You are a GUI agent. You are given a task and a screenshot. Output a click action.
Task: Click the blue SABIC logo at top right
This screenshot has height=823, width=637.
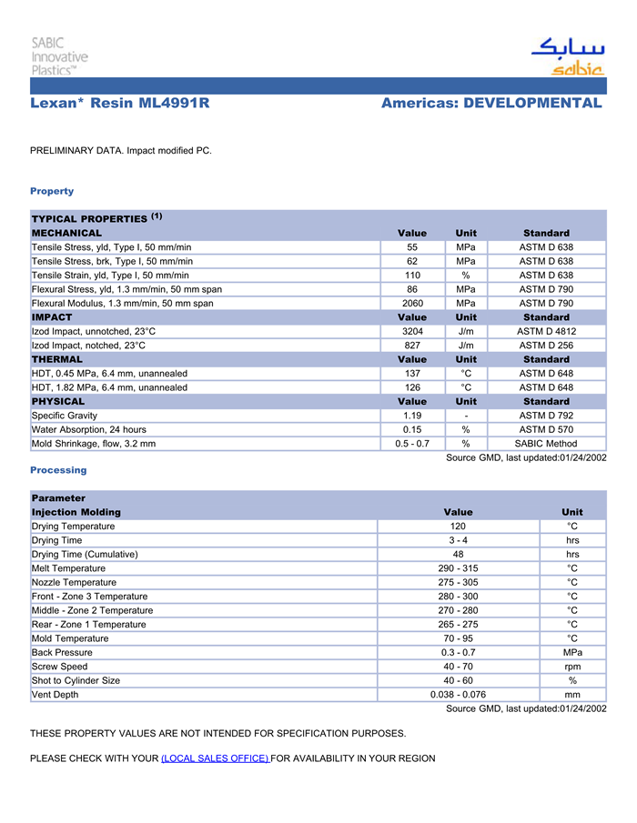pyautogui.click(x=568, y=56)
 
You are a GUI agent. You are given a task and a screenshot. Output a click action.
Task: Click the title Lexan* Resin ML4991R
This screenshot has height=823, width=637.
pyautogui.click(x=120, y=104)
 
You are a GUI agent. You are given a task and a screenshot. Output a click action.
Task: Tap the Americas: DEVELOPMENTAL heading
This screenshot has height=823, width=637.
pyautogui.click(x=491, y=104)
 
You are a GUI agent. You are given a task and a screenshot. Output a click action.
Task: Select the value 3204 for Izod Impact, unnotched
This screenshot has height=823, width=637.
pyautogui.click(x=411, y=332)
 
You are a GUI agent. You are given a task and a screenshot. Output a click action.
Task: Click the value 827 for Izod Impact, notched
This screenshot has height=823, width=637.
pyautogui.click(x=411, y=346)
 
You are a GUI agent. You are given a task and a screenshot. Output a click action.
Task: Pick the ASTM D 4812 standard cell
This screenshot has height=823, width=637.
pyautogui.click(x=546, y=332)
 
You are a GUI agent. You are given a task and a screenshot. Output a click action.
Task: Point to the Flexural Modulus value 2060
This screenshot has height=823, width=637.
pyautogui.click(x=411, y=303)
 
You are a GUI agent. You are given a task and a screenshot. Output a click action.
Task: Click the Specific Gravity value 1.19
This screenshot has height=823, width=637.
pyautogui.click(x=411, y=416)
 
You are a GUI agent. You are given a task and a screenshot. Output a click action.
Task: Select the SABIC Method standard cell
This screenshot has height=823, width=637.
pyautogui.click(x=546, y=444)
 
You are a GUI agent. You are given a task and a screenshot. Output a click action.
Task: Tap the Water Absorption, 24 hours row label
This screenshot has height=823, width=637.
pyautogui.click(x=89, y=429)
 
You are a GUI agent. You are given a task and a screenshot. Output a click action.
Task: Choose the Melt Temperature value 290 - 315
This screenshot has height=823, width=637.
pyautogui.click(x=458, y=568)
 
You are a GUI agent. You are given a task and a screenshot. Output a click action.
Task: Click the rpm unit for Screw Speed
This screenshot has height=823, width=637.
pyautogui.click(x=571, y=667)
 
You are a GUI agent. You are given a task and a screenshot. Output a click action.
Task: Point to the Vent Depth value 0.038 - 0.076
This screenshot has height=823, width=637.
pyautogui.click(x=458, y=695)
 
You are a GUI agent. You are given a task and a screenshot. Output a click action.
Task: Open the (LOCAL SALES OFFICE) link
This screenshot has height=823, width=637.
pyautogui.click(x=215, y=758)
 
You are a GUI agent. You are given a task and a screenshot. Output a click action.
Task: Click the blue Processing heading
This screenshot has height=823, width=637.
pyautogui.click(x=58, y=470)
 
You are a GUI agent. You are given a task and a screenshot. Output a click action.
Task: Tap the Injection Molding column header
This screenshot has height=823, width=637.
pyautogui.click(x=76, y=512)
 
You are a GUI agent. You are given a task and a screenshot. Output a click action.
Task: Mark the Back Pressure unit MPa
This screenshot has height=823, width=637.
pyautogui.click(x=571, y=652)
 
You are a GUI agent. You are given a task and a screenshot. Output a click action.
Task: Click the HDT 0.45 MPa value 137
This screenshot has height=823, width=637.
pyautogui.click(x=411, y=373)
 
